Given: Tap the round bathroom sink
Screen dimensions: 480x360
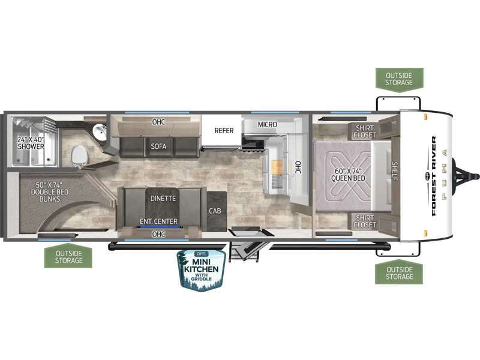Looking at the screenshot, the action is pyautogui.click(x=100, y=132).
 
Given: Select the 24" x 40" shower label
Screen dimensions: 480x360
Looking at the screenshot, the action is pyautogui.click(x=31, y=143).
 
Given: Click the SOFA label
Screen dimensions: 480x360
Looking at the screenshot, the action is pyautogui.click(x=158, y=146).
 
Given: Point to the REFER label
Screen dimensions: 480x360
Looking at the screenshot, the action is pyautogui.click(x=224, y=130).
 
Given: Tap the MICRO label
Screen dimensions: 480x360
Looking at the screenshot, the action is pyautogui.click(x=267, y=125).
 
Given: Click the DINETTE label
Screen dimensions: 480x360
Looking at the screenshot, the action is pyautogui.click(x=163, y=199).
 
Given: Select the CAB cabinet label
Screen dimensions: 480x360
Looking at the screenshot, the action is pyautogui.click(x=215, y=211).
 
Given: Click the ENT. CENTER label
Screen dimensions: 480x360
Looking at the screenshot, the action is pyautogui.click(x=158, y=221).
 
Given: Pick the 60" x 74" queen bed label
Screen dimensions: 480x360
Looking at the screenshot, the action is pyautogui.click(x=348, y=175).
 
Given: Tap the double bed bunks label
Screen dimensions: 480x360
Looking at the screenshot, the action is pyautogui.click(x=50, y=192).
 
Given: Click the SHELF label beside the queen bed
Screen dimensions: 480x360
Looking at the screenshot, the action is pyautogui.click(x=395, y=171).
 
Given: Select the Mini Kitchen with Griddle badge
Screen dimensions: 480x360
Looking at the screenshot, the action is pyautogui.click(x=202, y=270).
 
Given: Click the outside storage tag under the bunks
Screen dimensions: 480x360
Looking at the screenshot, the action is pyautogui.click(x=68, y=256).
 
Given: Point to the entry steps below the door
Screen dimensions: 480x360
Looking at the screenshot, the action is pyautogui.click(x=244, y=251).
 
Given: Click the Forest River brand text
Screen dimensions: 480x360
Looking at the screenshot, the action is pyautogui.click(x=434, y=176).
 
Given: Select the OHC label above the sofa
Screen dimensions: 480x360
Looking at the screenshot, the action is pyautogui.click(x=158, y=122).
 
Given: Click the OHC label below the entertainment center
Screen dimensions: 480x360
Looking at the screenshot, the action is pyautogui.click(x=158, y=234).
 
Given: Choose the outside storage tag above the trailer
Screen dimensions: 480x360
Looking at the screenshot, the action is pyautogui.click(x=399, y=80).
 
